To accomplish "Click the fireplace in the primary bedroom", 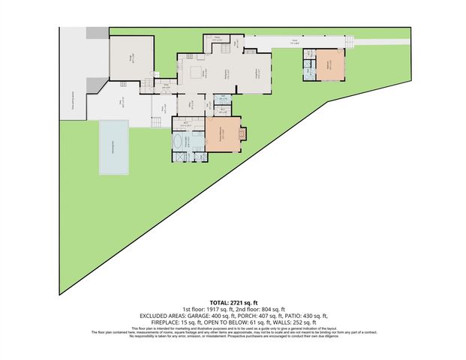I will [x=242, y=135].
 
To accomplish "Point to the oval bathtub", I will [x=180, y=140].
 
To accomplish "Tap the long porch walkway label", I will [x=296, y=43].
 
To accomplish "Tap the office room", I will [x=188, y=105].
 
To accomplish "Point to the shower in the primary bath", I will [x=181, y=156].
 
